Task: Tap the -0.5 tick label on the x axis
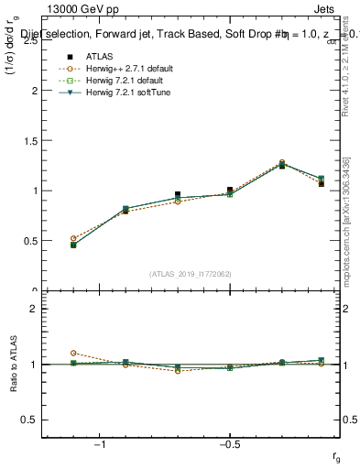229,445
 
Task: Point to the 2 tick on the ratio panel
35,309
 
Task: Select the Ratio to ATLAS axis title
15,364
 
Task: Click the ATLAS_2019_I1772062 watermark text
191,273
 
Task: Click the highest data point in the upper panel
282,163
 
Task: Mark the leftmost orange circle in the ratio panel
72,353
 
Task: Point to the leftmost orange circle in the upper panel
72,238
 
